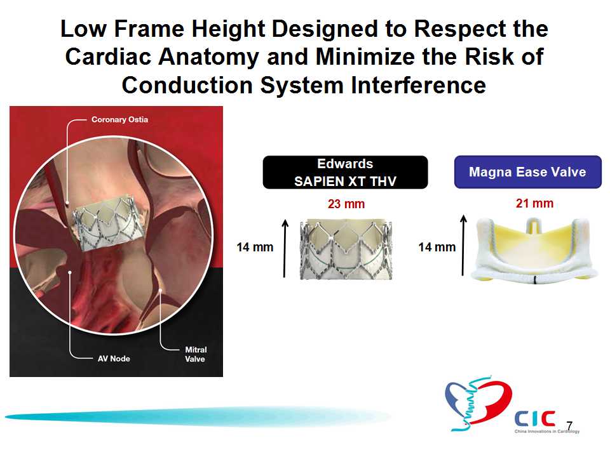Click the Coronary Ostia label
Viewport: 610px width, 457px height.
pyautogui.click(x=120, y=119)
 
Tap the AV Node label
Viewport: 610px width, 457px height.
pyautogui.click(x=114, y=358)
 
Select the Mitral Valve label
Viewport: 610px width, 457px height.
pyautogui.click(x=196, y=354)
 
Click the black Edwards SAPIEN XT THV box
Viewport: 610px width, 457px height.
pyautogui.click(x=345, y=172)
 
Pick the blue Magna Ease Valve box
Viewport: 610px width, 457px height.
pyautogui.click(x=528, y=172)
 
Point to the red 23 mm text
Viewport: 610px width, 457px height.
pyautogui.click(x=346, y=204)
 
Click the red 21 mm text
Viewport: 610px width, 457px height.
pyautogui.click(x=534, y=203)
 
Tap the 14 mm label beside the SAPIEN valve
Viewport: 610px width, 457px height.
pyautogui.click(x=255, y=247)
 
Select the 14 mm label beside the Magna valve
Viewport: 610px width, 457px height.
pyautogui.click(x=437, y=247)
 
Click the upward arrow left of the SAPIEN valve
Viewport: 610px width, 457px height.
pyautogui.click(x=285, y=249)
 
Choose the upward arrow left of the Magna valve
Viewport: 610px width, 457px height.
pyautogui.click(x=463, y=245)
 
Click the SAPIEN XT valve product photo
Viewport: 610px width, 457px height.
pyautogui.click(x=346, y=249)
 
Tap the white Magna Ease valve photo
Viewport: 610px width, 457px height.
pyautogui.click(x=534, y=249)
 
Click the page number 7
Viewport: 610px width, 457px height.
pyautogui.click(x=569, y=426)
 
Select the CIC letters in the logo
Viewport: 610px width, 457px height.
pyautogui.click(x=535, y=418)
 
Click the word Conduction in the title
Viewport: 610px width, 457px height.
pyautogui.click(x=187, y=84)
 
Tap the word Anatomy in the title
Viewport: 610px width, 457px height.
pyautogui.click(x=208, y=56)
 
